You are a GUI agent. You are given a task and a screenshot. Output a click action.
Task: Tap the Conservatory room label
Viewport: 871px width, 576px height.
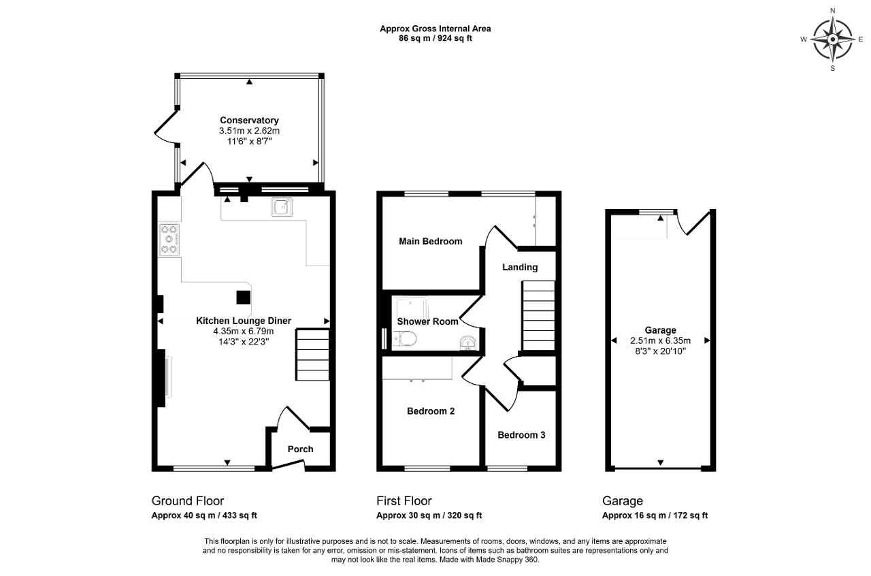249,121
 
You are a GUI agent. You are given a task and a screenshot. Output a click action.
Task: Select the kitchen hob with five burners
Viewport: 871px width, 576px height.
169,240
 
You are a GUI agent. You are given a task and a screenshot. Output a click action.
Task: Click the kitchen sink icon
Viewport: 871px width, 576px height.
282,207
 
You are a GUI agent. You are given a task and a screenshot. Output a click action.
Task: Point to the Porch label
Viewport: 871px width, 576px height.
300,449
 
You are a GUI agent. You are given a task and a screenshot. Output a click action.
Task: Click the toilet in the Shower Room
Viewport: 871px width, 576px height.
404,338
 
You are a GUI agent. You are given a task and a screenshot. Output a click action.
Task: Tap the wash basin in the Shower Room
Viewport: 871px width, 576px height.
467,343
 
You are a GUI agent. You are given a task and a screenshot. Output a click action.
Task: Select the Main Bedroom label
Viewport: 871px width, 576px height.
431,241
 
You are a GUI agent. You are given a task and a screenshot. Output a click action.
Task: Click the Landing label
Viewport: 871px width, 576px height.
520,267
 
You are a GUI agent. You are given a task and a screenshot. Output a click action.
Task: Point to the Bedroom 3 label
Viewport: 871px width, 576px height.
521,435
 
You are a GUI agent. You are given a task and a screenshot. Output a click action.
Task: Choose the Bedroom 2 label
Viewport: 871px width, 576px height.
431,411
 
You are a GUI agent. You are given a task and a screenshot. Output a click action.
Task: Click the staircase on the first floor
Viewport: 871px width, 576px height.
538,316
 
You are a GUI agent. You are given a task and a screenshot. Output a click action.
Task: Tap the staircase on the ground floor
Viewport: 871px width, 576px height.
312,355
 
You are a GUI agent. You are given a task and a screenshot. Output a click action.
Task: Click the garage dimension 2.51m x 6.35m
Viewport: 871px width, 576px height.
660,341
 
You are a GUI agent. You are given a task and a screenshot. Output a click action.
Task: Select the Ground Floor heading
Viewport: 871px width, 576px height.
188,500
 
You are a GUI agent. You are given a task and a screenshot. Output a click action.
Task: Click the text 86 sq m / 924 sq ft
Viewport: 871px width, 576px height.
435,38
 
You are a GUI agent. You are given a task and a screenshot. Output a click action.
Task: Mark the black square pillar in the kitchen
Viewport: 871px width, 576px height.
244,298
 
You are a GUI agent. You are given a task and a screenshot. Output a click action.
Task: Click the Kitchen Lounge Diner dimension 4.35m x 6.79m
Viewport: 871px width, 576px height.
244,331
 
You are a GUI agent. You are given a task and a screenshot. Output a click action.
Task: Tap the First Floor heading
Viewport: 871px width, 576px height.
404,500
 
